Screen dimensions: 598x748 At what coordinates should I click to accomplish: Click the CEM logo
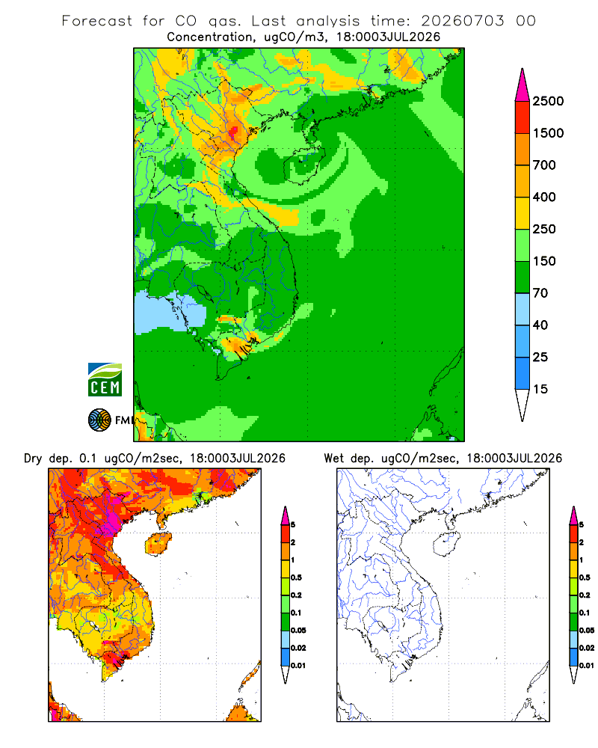pos(105,380)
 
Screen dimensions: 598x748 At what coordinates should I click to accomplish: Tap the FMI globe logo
pos(99,420)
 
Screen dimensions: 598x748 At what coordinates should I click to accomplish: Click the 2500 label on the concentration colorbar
pos(548,101)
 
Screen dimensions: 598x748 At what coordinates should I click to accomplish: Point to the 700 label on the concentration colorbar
pos(544,165)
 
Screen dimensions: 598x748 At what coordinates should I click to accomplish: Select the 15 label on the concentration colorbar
pos(540,389)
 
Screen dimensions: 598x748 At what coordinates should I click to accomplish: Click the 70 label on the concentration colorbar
pos(540,293)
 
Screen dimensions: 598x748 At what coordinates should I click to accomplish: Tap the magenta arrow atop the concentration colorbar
pos(523,85)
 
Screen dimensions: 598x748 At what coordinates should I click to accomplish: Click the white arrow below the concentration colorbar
pos(523,405)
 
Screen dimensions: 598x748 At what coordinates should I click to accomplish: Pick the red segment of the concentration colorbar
pos(523,117)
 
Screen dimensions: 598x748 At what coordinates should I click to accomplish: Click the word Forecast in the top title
pos(97,21)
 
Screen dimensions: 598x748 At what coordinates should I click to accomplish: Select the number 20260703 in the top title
pos(463,21)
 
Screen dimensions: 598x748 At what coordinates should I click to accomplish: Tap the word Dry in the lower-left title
pos(33,459)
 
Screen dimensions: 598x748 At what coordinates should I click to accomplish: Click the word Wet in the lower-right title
pos(334,459)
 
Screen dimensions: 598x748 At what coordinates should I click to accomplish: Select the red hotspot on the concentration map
pos(234,130)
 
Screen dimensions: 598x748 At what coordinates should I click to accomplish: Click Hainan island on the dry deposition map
pos(158,545)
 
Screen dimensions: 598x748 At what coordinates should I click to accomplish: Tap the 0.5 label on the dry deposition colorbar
pos(296,577)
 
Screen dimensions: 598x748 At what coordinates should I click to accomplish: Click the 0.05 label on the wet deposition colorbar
pos(587,631)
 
